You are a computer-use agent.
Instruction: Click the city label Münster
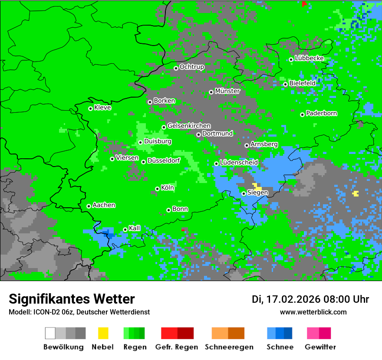pos(227,91)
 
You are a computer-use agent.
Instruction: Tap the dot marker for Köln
pos(157,189)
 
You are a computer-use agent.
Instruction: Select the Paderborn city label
pos(322,114)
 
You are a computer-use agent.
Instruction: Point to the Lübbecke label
pos(310,58)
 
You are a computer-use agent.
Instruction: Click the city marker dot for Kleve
pos(90,108)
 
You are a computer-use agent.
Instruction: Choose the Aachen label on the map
pos(104,205)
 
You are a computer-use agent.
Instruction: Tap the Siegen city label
pos(258,193)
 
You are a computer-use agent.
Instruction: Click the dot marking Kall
pos(125,229)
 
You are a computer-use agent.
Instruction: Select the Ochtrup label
pos(192,67)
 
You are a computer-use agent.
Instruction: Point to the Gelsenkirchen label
pos(189,126)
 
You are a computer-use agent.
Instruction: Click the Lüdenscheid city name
pos(239,163)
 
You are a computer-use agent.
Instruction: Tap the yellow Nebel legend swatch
pos(103,333)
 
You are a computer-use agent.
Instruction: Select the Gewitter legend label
pos(320,347)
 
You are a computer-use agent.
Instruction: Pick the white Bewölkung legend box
pos(50,333)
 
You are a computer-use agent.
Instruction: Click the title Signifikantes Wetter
pos(72,299)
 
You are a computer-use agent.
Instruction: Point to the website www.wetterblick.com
pos(313,312)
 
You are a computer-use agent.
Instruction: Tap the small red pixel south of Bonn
pos(183,229)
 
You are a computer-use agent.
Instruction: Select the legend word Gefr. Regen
pos(177,347)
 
